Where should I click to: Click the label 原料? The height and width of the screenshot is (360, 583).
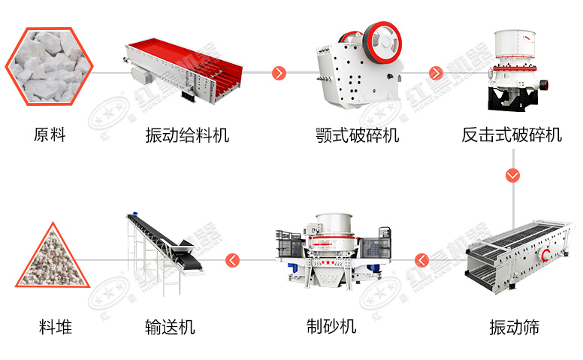click(x=50, y=135)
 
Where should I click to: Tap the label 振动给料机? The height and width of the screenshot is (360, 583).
click(x=187, y=135)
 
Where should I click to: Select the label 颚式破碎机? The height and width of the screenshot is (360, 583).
click(x=358, y=135)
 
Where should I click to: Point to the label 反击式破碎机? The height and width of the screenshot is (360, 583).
click(x=512, y=135)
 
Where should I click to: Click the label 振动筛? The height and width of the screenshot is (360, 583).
click(x=514, y=327)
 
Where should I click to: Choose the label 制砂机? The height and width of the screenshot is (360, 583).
click(x=331, y=327)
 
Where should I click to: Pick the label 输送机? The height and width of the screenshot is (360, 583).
click(x=170, y=327)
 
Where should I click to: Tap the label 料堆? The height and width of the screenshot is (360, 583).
click(x=56, y=327)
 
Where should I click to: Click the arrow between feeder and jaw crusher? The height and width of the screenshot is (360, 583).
click(x=279, y=73)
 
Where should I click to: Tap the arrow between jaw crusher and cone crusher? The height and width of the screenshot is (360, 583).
click(x=436, y=73)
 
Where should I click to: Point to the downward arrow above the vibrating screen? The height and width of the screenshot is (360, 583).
click(x=513, y=176)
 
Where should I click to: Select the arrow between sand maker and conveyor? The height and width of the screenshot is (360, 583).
click(x=233, y=262)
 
